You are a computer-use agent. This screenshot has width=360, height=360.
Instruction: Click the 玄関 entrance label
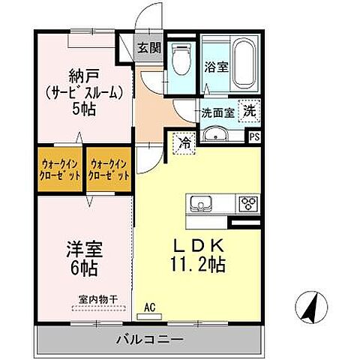148,49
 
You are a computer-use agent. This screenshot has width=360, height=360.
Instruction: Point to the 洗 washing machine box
250,109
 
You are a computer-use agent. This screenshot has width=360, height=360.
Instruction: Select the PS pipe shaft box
254,136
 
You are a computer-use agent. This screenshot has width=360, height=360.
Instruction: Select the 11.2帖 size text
198,264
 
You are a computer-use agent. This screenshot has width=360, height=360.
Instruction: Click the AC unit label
150,306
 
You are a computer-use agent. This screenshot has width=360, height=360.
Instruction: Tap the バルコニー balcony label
149,338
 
